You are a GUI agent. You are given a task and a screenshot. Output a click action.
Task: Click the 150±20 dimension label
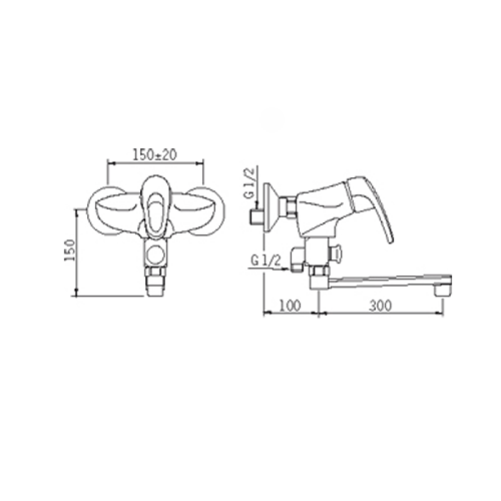[155, 155]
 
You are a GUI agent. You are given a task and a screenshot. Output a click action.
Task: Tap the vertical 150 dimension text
[70, 250]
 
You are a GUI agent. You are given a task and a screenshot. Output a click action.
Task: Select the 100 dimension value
[291, 306]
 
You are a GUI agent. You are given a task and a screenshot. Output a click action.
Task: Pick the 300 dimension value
[380, 306]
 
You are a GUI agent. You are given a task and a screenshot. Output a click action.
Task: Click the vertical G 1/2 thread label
[251, 183]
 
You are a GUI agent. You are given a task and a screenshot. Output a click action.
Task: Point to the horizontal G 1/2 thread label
[266, 261]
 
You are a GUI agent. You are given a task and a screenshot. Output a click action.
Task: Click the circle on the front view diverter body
[155, 254]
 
